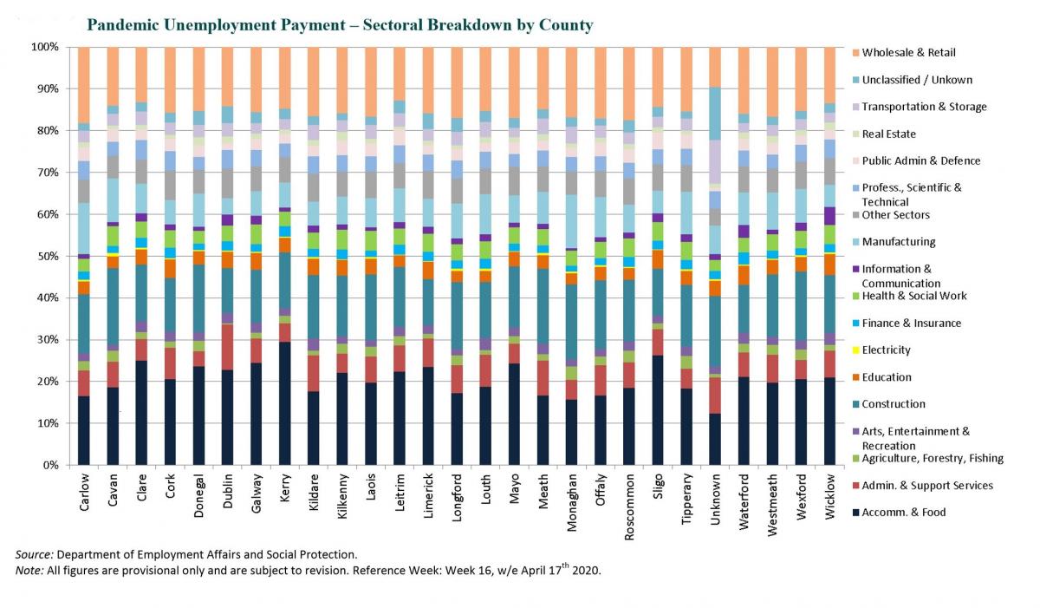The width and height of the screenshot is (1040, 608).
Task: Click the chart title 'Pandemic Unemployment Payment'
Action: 340,24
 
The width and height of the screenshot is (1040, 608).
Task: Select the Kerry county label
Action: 285,493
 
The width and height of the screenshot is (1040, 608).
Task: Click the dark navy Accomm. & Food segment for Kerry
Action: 285,403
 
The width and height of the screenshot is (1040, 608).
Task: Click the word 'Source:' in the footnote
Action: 34,554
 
